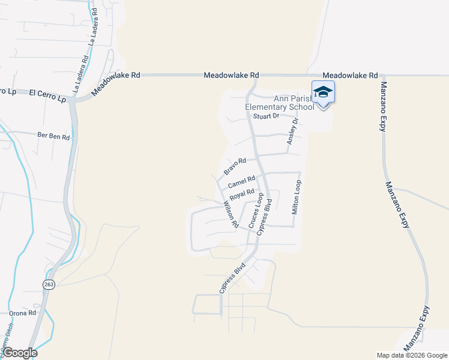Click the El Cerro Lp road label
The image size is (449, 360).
[x=47, y=94]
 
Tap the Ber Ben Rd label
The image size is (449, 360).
[x=53, y=137]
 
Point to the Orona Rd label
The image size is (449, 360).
[x=23, y=313]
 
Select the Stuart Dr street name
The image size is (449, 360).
[x=267, y=116]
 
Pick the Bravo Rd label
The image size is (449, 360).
[x=235, y=166]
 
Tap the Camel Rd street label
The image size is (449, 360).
[x=242, y=181]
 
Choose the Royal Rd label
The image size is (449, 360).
[x=243, y=194]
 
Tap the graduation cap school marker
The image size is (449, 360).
[x=323, y=92]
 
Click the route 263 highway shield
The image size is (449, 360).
[x=49, y=284]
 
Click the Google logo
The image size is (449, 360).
[x=20, y=353]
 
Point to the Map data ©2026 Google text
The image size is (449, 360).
[x=412, y=355]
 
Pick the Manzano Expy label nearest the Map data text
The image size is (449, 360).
[x=417, y=328]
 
